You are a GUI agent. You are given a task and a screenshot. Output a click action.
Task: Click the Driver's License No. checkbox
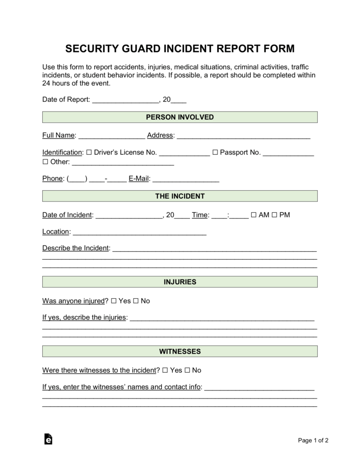(x=90, y=152)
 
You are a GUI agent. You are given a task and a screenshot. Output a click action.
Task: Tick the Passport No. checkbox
(x=215, y=152)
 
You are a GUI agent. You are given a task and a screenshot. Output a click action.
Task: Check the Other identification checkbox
(x=45, y=162)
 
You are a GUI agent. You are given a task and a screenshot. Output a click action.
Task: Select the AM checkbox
(x=253, y=215)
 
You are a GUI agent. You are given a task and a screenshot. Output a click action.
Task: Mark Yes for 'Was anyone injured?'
(x=113, y=301)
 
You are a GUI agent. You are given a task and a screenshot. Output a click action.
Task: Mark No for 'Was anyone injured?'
(x=136, y=301)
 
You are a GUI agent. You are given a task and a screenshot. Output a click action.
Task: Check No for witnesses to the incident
(x=187, y=370)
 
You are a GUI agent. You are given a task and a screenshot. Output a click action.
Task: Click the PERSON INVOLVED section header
(x=180, y=117)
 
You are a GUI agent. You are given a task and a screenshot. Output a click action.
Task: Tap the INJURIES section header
(x=180, y=282)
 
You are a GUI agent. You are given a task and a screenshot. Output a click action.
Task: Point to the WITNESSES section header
(x=180, y=351)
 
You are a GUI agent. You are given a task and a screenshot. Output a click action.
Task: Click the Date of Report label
(x=66, y=99)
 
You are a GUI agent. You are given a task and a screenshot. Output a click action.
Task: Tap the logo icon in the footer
(x=48, y=439)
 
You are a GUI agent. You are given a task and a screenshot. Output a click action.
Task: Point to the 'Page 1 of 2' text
(x=313, y=440)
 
